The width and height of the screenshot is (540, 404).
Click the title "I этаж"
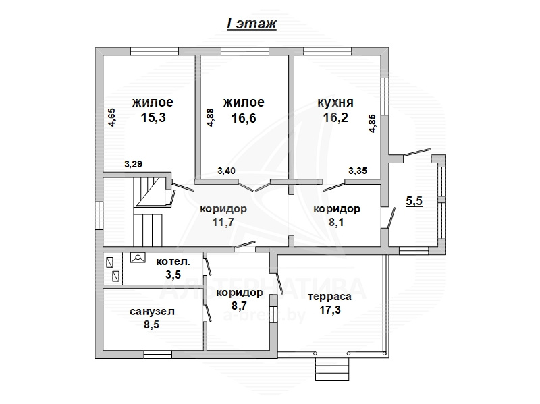[252, 24]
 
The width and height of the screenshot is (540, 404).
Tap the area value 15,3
[153, 117]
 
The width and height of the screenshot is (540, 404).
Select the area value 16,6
[244, 119]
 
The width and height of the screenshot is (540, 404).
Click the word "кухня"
[335, 103]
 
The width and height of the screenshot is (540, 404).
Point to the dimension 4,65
[112, 117]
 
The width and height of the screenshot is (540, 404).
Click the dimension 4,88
[210, 117]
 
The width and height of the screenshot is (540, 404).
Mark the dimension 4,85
[372, 123]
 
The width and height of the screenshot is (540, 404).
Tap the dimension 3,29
[133, 164]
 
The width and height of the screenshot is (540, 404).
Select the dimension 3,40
[226, 171]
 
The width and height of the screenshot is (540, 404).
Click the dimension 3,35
[358, 171]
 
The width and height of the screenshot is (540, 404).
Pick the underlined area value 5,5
[414, 200]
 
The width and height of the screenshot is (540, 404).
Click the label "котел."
[173, 262]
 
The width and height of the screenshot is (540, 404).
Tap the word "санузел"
[153, 312]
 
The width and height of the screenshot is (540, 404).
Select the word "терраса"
[329, 297]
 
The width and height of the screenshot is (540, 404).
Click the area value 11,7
[223, 223]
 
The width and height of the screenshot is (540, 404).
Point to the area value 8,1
[336, 223]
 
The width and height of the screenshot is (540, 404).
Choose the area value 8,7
[240, 306]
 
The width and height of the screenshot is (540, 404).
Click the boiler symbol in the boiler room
[138, 258]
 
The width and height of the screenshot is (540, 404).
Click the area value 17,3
[329, 310]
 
